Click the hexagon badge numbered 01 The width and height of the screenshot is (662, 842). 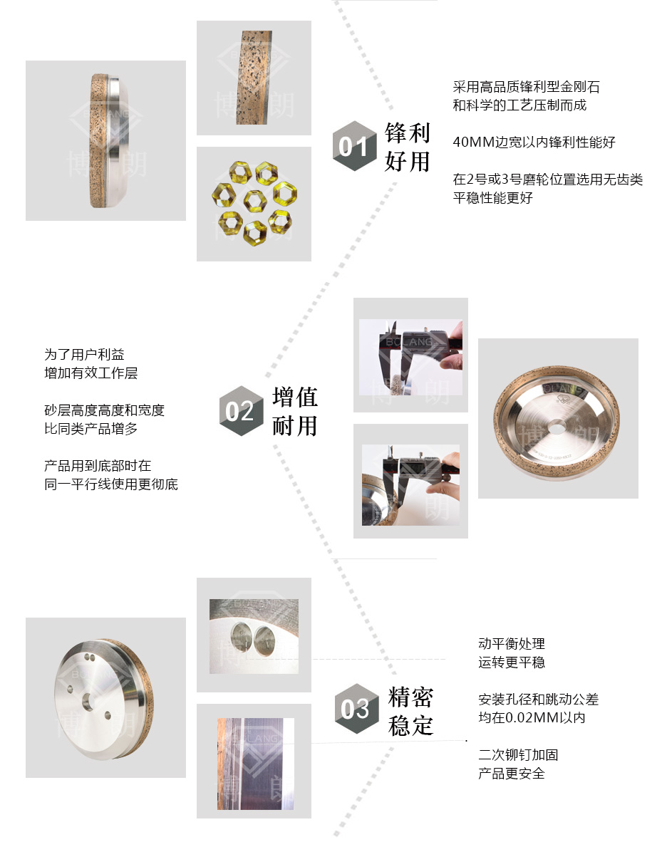[x=354, y=145]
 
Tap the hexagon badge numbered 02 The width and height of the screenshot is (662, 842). [x=242, y=411]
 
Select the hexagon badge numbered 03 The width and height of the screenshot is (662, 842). [x=356, y=708]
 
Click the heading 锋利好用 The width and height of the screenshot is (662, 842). [x=408, y=147]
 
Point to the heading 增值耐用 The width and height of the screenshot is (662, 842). [x=295, y=411]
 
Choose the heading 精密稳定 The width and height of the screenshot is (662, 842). [x=410, y=711]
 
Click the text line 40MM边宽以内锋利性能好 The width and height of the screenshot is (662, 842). [x=534, y=142]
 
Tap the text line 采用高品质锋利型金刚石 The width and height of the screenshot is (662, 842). [x=526, y=86]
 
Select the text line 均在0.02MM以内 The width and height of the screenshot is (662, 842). [x=532, y=717]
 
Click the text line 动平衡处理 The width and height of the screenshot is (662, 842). [x=512, y=643]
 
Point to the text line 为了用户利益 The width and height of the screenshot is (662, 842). [x=84, y=355]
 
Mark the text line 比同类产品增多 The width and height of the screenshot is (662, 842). [x=90, y=429]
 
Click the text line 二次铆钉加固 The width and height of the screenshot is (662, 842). [x=518, y=754]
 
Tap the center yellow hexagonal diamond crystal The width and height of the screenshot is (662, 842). [x=254, y=201]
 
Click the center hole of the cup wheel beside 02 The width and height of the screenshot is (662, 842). [x=557, y=429]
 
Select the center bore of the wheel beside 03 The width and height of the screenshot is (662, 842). [x=88, y=702]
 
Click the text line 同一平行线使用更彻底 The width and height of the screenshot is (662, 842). [x=111, y=484]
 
